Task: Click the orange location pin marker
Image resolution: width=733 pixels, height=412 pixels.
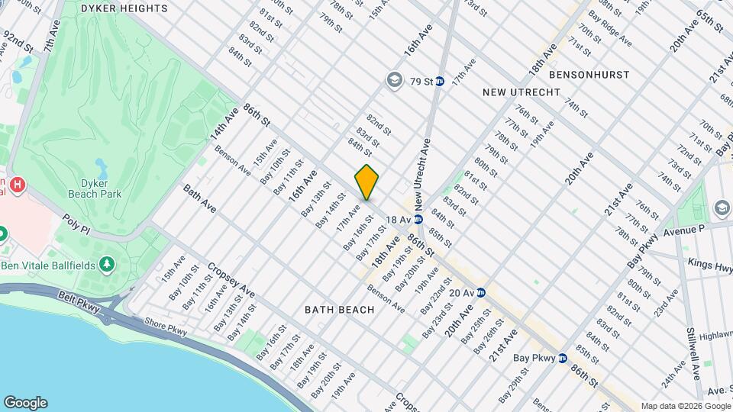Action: coord(366,182)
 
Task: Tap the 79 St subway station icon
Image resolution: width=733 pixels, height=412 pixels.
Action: coord(440,81)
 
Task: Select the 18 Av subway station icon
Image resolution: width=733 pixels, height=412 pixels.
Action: coord(418,219)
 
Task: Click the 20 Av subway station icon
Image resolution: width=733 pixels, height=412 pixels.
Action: coord(481,292)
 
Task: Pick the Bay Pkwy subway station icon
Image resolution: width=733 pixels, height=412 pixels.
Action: coord(562,357)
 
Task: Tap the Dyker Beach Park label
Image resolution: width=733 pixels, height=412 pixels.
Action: coord(101,188)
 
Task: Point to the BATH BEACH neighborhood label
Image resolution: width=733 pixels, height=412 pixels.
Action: coord(340,310)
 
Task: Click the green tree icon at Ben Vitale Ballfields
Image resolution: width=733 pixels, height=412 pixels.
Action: coord(108,263)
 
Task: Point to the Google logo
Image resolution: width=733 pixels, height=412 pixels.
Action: coord(25,403)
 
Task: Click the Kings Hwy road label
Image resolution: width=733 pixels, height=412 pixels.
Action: coord(710,266)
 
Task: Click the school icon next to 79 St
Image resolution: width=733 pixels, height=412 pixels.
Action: coord(394,80)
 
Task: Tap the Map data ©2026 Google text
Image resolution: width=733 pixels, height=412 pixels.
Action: coord(685,406)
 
